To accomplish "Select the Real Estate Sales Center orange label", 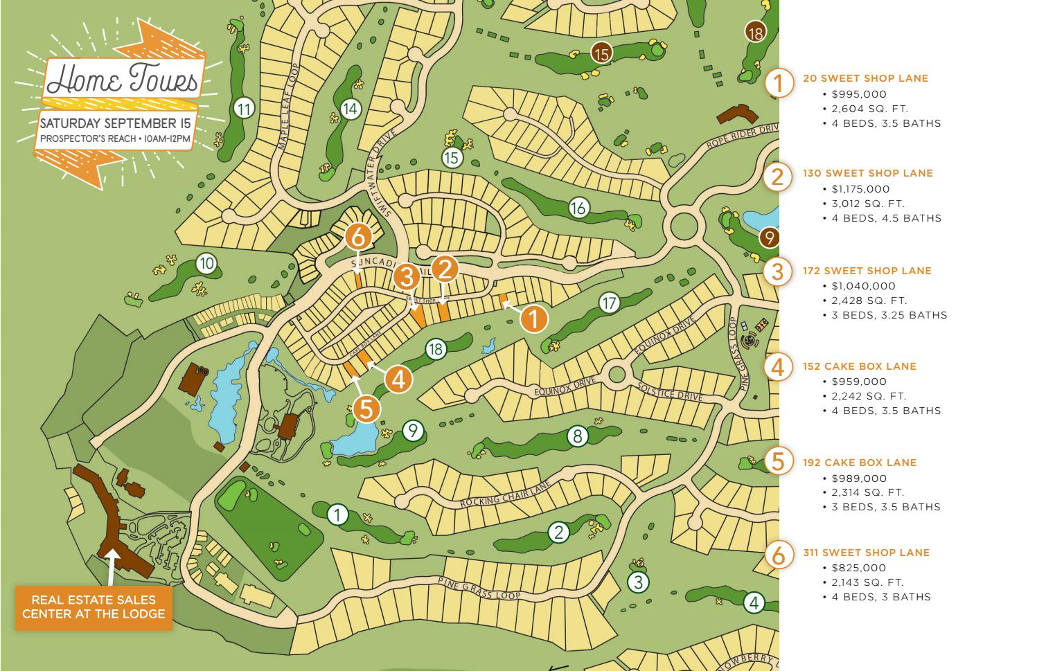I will (94, 607).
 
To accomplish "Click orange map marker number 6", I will (358, 238).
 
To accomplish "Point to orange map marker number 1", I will (533, 319).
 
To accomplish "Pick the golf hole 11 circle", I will (244, 109).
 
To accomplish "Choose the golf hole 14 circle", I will (351, 109).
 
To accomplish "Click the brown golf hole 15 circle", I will (601, 53).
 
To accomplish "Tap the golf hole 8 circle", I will (577, 436).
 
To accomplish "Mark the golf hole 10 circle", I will (206, 263).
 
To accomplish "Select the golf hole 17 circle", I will (609, 303).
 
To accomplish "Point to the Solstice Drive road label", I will (669, 391).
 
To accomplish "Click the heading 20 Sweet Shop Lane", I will (865, 78).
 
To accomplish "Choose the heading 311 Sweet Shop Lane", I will (866, 553).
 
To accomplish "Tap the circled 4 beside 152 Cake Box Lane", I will (778, 367).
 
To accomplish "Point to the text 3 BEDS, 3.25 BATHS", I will (889, 315).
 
